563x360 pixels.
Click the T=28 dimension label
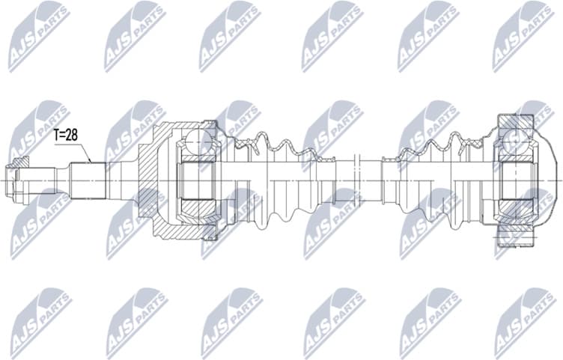tap(65, 135)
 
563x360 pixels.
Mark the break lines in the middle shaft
tap(357, 180)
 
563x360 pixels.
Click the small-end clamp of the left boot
tap(329, 180)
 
